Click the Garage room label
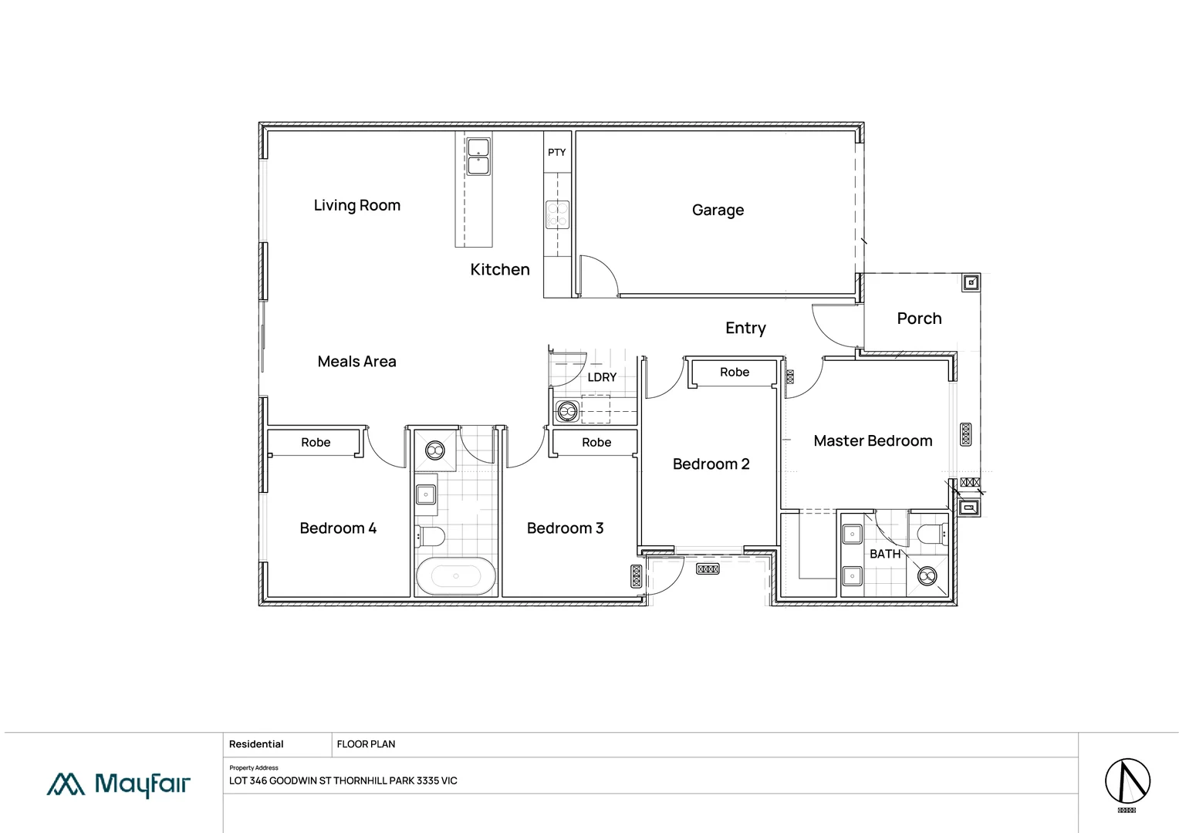718,210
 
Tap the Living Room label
356,205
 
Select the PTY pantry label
556,152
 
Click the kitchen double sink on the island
478,157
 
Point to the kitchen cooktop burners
557,214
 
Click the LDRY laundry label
602,377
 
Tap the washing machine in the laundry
567,411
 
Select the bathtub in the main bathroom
455,576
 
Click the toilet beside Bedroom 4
429,535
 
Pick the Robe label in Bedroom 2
735,372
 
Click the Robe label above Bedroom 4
316,442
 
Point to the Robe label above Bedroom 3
596,442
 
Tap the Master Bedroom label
873,440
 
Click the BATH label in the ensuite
885,554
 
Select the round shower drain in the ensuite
927,575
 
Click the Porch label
919,319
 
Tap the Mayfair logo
119,784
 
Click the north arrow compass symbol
1127,781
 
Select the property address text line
343,781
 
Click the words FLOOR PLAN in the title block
366,744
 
